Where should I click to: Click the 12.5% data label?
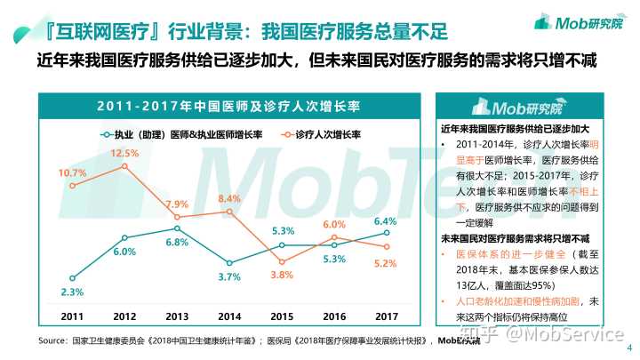[124, 153]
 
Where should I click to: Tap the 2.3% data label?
[73, 292]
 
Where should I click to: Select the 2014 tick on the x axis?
[229, 316]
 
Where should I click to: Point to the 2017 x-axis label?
[386, 316]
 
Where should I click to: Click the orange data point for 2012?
[124, 166]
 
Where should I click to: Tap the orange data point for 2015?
[282, 261]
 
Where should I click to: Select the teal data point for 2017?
[386, 234]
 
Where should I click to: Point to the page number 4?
[629, 348]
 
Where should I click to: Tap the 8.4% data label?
[229, 198]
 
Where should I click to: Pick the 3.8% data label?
[282, 276]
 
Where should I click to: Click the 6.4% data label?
[386, 220]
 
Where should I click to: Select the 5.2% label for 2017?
[386, 263]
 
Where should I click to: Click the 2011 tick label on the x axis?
[73, 316]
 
